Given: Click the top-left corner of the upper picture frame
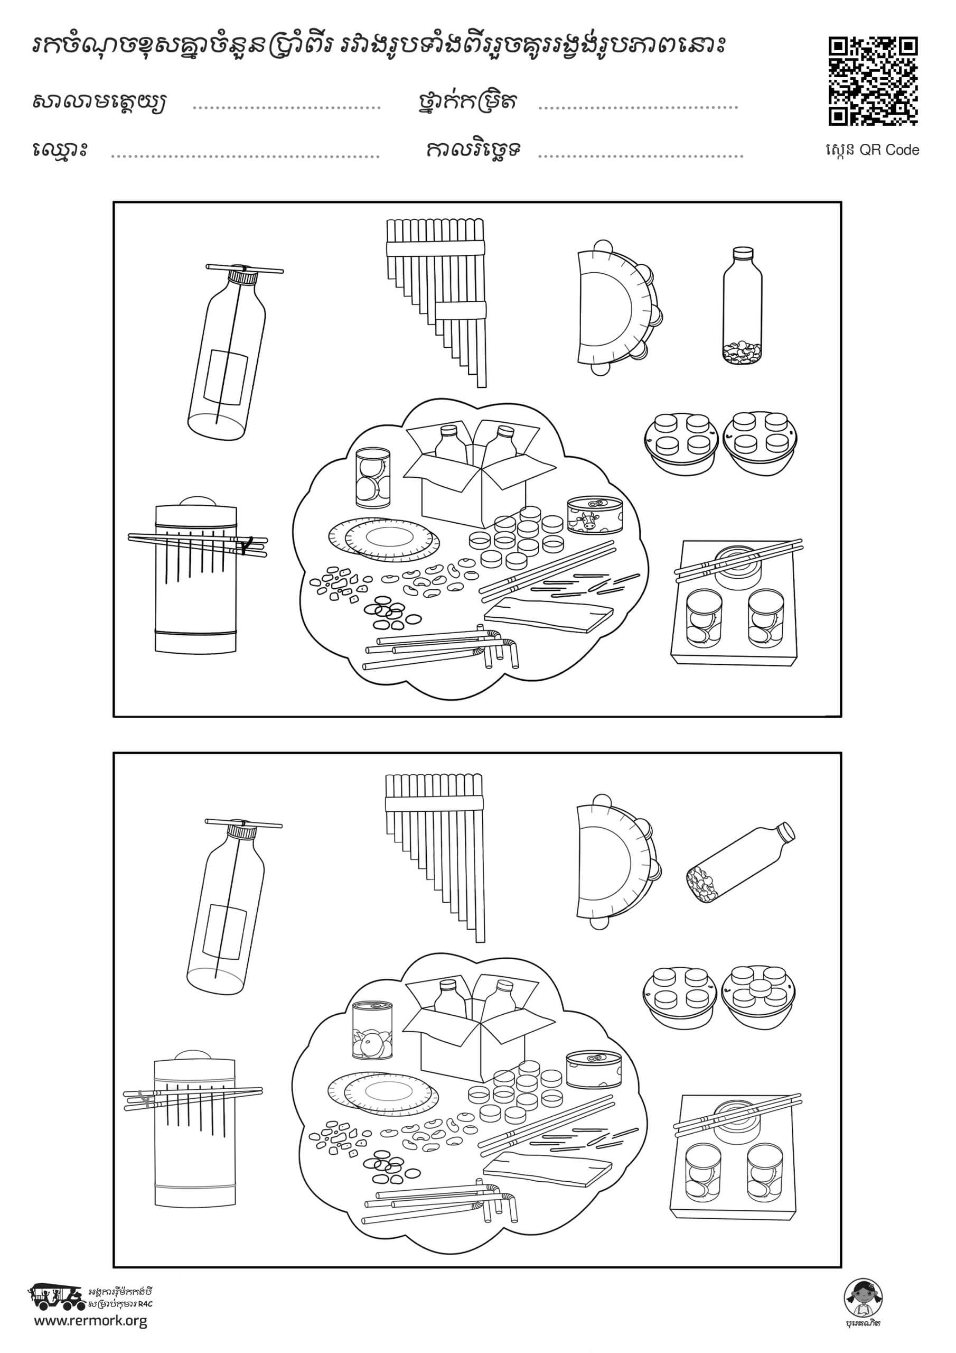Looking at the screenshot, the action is pyautogui.click(x=114, y=202).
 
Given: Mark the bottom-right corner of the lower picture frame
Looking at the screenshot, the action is pyautogui.click(x=841, y=1267).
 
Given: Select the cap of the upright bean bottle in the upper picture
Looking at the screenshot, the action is pyautogui.click(x=742, y=253).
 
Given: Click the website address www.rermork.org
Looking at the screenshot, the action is pyautogui.click(x=90, y=1305).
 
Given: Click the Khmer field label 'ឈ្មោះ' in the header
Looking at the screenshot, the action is pyautogui.click(x=60, y=149).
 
